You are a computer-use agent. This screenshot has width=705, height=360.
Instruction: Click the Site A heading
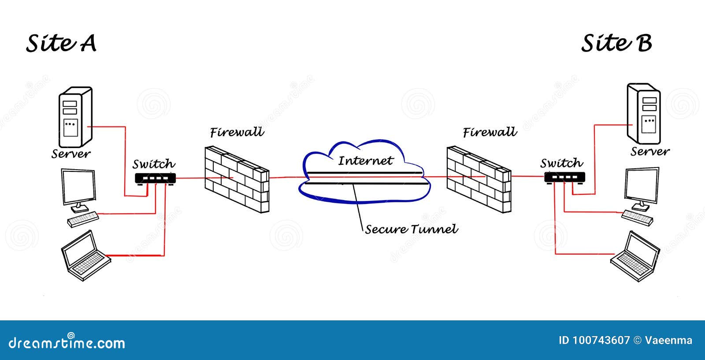(61, 43)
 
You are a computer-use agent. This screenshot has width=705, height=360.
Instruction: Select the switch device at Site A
(155, 178)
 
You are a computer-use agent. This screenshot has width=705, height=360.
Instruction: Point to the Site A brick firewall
(237, 180)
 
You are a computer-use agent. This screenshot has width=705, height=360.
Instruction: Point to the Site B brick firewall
(479, 179)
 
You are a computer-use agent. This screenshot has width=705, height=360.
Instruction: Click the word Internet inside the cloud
(365, 161)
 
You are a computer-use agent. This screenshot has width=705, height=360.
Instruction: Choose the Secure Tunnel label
(412, 229)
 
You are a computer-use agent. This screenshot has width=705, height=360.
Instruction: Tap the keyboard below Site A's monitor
(83, 219)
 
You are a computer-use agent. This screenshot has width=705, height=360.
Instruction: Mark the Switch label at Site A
(154, 164)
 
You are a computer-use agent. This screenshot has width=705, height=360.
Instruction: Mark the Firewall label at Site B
(490, 132)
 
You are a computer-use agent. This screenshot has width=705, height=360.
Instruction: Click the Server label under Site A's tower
(71, 154)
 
